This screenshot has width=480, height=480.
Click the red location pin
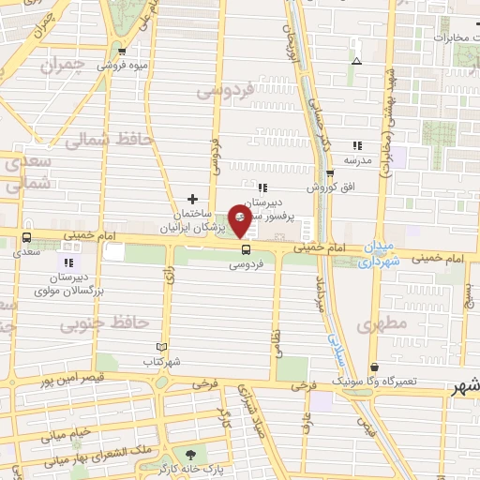pos(241,221)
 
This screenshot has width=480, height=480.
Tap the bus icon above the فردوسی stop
pos(247,249)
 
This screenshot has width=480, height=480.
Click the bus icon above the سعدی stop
pos(26,237)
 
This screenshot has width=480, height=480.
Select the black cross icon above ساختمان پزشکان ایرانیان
pos(193,199)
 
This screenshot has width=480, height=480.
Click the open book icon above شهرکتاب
pos(162,347)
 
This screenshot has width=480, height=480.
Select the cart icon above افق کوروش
pos(330,173)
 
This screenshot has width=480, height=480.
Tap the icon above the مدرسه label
pos(356,145)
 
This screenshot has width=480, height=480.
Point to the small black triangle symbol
pos(356,62)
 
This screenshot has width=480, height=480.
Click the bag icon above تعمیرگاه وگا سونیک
pos(375,367)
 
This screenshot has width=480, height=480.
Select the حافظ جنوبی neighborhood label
pos(104,324)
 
